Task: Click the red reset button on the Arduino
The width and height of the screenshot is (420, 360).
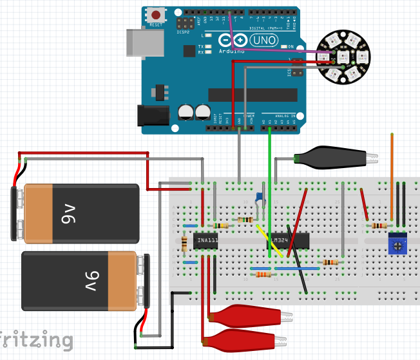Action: [155, 15]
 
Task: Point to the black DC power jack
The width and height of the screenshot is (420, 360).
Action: [153, 115]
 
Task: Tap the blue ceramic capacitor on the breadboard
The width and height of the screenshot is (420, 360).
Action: [259, 196]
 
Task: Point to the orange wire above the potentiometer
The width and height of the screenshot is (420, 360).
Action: [391, 174]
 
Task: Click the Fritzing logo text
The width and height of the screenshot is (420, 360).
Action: [35, 340]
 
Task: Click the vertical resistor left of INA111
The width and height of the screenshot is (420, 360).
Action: [186, 242]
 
